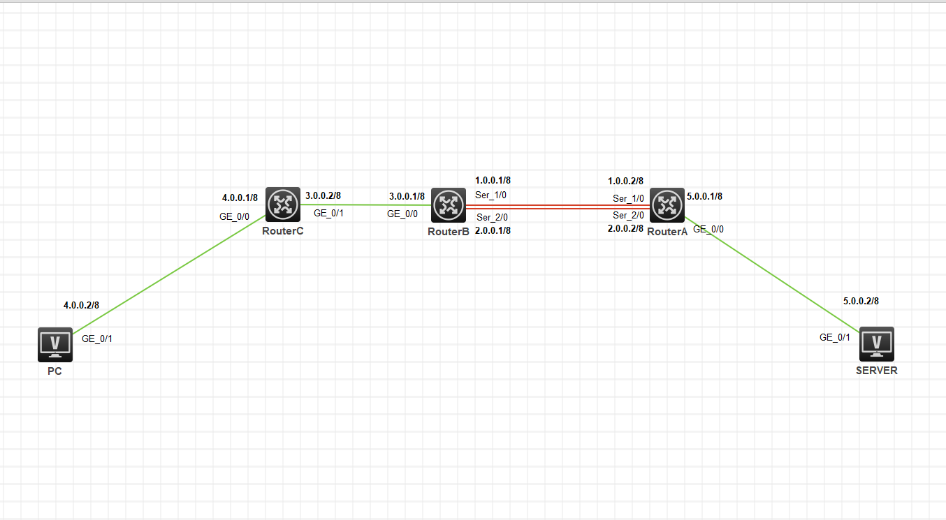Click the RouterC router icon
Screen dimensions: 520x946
[282, 205]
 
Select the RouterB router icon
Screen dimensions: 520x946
[448, 205]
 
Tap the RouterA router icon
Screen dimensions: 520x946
[667, 205]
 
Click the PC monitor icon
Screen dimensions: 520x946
[54, 345]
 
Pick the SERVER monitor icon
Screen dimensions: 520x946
[876, 344]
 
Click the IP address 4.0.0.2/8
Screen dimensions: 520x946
[81, 305]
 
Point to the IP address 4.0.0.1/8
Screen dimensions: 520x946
[240, 198]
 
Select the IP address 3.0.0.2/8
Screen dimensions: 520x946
[323, 195]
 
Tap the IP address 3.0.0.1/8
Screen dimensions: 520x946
[407, 196]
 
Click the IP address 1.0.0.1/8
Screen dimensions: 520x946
[493, 180]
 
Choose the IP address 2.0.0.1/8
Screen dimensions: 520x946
[493, 230]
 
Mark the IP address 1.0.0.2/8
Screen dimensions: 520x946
[625, 181]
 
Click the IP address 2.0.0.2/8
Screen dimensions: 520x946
[625, 228]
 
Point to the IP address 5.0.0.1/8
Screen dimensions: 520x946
[704, 196]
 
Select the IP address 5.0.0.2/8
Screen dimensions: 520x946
[861, 301]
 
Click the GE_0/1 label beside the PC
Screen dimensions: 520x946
[97, 339]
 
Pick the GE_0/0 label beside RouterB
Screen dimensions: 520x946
[402, 214]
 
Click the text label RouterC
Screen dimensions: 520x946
[283, 231]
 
